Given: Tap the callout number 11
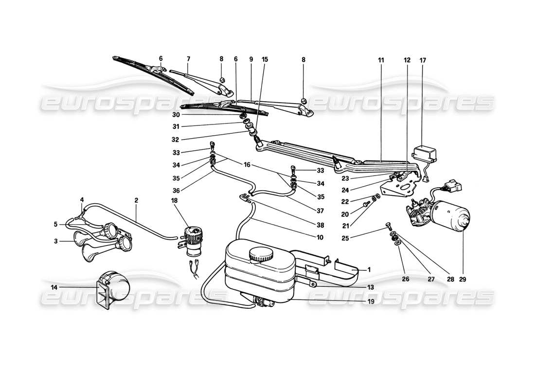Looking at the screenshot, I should click(x=381, y=60).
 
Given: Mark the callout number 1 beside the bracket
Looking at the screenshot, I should click(x=369, y=269).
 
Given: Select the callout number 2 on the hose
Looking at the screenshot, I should click(x=136, y=200).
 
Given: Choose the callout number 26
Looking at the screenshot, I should click(x=402, y=280).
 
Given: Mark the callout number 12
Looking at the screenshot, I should click(x=407, y=60).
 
